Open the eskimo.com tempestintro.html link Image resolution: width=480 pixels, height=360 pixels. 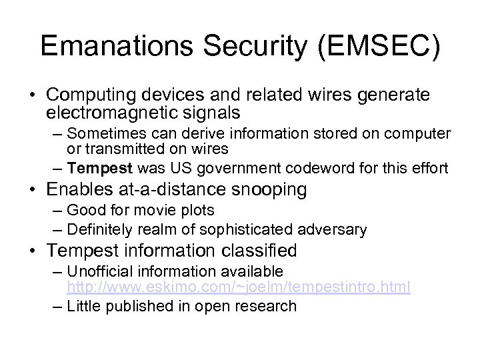click(238, 287)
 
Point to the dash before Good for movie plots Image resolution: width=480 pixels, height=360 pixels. click(56, 211)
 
